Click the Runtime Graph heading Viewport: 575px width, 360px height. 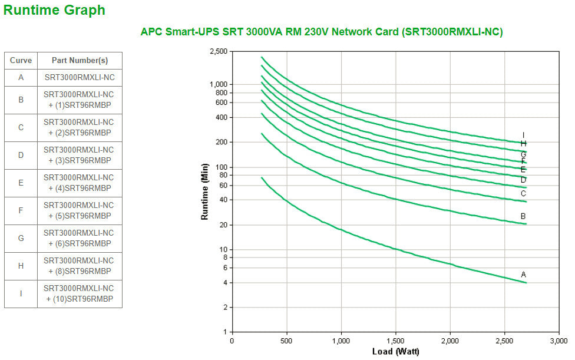(55, 10)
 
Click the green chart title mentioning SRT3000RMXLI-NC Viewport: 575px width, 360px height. (321, 32)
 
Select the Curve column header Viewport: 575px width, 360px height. (21, 61)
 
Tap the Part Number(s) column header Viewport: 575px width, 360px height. (80, 61)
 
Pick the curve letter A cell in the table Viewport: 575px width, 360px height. (21, 77)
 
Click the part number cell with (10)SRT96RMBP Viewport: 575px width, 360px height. (80, 293)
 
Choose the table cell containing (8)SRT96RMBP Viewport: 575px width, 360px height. (80, 266)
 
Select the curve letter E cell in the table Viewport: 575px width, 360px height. (21, 183)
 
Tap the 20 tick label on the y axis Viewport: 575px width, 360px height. (223, 225)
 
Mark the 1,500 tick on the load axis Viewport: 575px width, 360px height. (395, 341)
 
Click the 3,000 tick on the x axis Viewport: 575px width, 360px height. (559, 341)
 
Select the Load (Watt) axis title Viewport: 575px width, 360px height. (395, 352)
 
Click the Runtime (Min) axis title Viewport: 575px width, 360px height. (205, 191)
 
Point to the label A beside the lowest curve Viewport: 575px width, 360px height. (523, 275)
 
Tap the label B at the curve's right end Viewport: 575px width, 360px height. (523, 216)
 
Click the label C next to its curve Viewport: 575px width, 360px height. (523, 193)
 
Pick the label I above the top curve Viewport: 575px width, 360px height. (523, 135)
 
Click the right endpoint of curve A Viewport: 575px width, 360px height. (526, 283)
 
